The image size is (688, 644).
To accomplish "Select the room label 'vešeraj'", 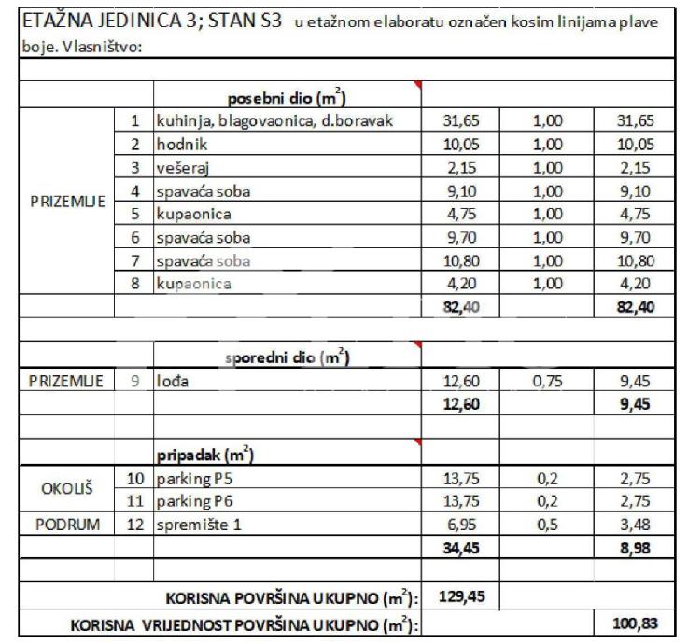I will pyautogui.click(x=181, y=168).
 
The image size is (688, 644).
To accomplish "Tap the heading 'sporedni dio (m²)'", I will pyautogui.click(x=287, y=357).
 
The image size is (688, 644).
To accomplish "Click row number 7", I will pyautogui.click(x=135, y=260).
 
